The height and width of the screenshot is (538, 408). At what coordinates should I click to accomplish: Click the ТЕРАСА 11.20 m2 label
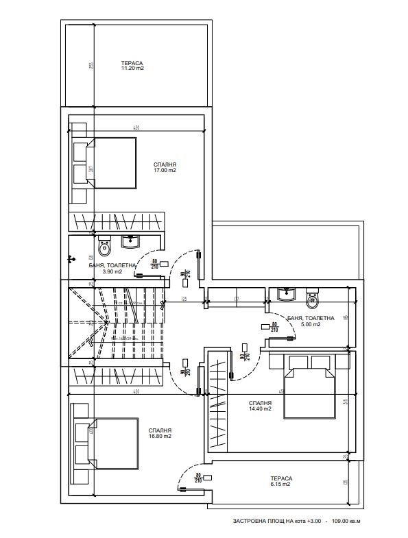pos(132,65)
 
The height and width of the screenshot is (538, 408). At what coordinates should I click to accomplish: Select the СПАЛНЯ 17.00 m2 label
pos(165,167)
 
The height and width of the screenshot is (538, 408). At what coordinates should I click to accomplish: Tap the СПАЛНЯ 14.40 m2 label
pos(260,405)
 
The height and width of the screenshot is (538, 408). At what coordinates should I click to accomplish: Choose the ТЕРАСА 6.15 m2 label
pos(280,481)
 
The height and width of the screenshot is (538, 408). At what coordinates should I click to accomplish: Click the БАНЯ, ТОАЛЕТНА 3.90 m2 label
pos(108,268)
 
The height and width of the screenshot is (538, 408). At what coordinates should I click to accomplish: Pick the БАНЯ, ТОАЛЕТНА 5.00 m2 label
pos(310,321)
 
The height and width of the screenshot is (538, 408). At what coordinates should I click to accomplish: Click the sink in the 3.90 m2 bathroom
pos(131,241)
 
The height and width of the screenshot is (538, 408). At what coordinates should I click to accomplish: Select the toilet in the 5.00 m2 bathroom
pos(313,297)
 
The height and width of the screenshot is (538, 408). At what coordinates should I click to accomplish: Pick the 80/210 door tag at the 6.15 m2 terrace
pos(198,478)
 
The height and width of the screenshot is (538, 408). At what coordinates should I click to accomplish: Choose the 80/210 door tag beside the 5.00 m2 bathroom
pos(274,327)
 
